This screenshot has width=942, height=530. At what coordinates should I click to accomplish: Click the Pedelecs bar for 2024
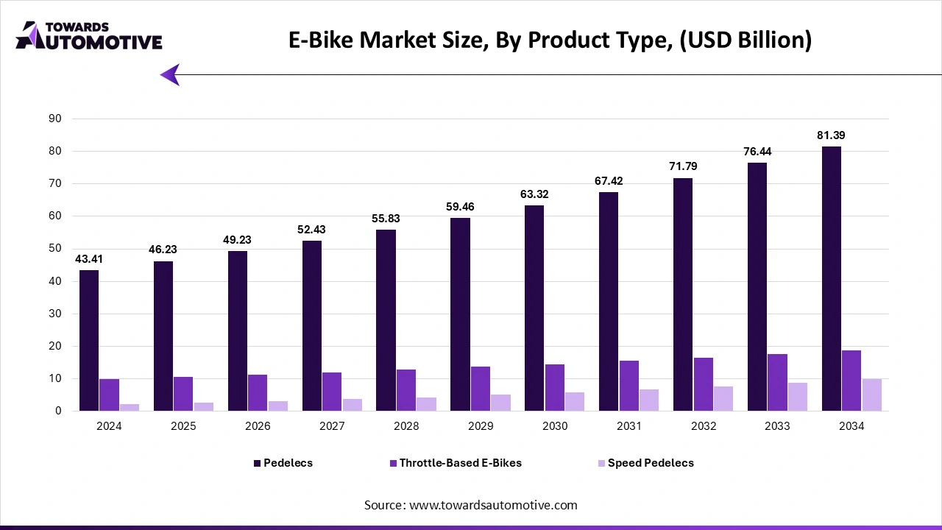point(89,340)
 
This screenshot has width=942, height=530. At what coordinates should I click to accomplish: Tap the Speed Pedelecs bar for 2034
point(871,395)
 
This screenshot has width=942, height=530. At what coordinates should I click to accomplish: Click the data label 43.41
point(89,258)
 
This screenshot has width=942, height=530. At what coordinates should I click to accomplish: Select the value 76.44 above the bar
point(757,152)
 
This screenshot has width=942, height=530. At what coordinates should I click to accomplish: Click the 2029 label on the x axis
point(481,426)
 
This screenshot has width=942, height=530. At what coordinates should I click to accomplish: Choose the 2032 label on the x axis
point(703,426)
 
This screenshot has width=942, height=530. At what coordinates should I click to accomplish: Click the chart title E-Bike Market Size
point(549,40)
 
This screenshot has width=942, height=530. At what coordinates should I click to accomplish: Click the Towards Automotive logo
point(89,35)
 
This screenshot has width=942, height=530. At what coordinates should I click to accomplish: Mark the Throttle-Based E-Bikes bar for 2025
point(183,394)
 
